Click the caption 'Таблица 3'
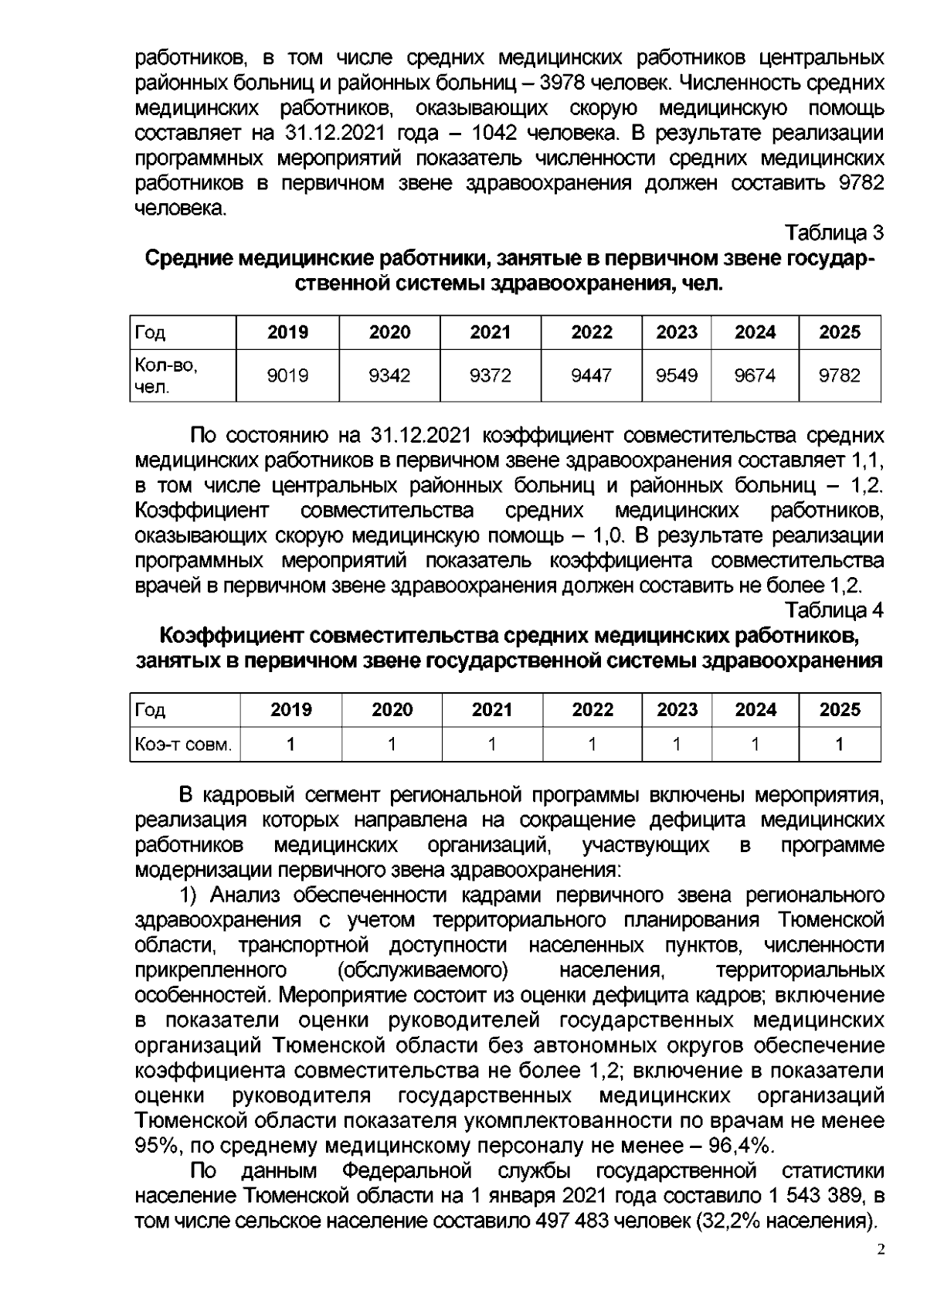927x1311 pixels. click(x=834, y=233)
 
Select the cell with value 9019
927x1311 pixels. click(x=287, y=375)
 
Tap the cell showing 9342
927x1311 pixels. click(x=389, y=375)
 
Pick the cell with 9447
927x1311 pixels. click(x=591, y=375)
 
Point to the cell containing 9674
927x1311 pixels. click(x=755, y=375)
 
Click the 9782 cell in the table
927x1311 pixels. click(x=839, y=375)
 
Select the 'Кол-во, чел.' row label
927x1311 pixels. click(x=166, y=375)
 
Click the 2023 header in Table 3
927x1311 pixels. click(x=677, y=332)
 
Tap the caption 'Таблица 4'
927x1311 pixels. click(x=834, y=610)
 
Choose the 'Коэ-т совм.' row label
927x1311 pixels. click(x=183, y=745)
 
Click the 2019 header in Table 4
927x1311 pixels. click(x=291, y=710)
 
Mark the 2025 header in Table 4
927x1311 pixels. click(x=839, y=710)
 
